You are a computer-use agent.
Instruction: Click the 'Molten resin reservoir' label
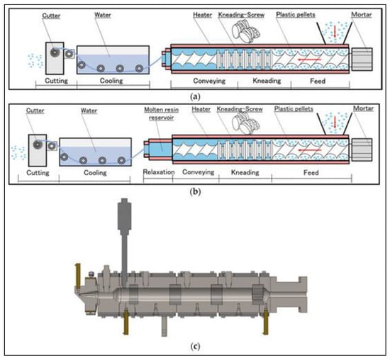162,113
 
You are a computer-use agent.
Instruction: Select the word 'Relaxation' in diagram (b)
159,172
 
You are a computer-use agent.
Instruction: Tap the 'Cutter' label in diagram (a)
51,16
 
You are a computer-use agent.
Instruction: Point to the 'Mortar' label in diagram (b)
363,108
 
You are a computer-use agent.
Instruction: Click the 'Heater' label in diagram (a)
203,15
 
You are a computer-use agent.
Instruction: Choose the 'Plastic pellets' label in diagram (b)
294,109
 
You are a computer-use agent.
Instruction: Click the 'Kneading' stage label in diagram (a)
267,81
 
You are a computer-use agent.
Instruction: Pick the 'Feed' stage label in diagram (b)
311,172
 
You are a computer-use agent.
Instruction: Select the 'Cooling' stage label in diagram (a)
111,81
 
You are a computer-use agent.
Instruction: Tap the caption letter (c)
195,346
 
